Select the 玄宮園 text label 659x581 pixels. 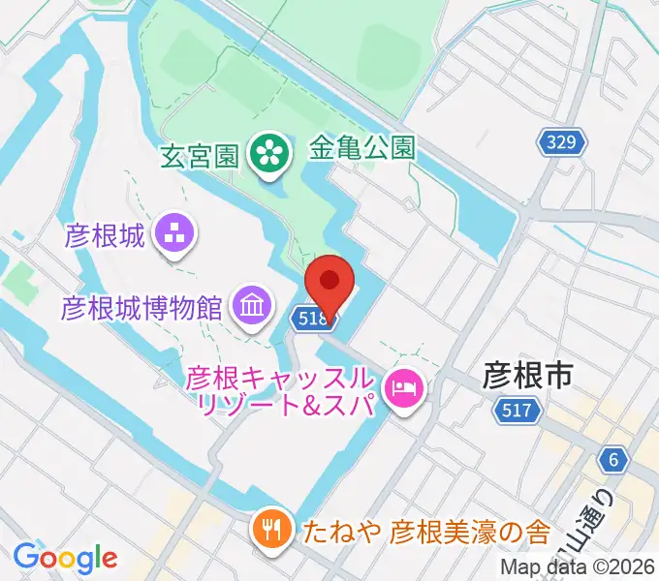(x=201, y=154)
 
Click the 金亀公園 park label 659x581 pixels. (x=362, y=147)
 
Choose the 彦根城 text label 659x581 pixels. (x=104, y=235)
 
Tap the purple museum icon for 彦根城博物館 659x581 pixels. (x=251, y=308)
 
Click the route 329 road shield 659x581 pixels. (x=562, y=143)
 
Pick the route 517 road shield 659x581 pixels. (x=516, y=411)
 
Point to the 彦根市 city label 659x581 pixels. (x=528, y=374)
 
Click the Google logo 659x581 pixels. (x=65, y=557)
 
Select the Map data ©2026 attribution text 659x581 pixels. (x=578, y=566)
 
